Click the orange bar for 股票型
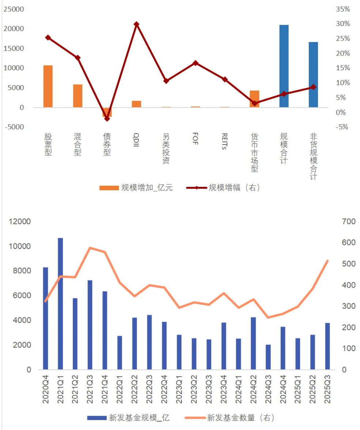coord(48,86)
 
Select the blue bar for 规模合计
coord(284,66)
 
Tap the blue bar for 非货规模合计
coord(313,75)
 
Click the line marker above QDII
coord(136,24)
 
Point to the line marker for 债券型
coord(107,119)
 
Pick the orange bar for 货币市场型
coord(254,99)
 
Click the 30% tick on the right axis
coord(343,24)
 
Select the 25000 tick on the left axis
coord(14,9)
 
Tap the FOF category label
coord(195,139)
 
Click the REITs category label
coord(225,142)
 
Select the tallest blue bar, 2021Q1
coord(60,303)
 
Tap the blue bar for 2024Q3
coord(268,357)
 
